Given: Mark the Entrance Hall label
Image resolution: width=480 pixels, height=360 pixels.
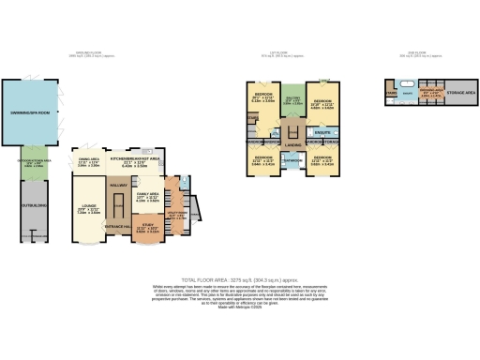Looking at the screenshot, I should click(x=120, y=227).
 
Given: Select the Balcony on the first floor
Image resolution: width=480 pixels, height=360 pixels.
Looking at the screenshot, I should click(x=292, y=99).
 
